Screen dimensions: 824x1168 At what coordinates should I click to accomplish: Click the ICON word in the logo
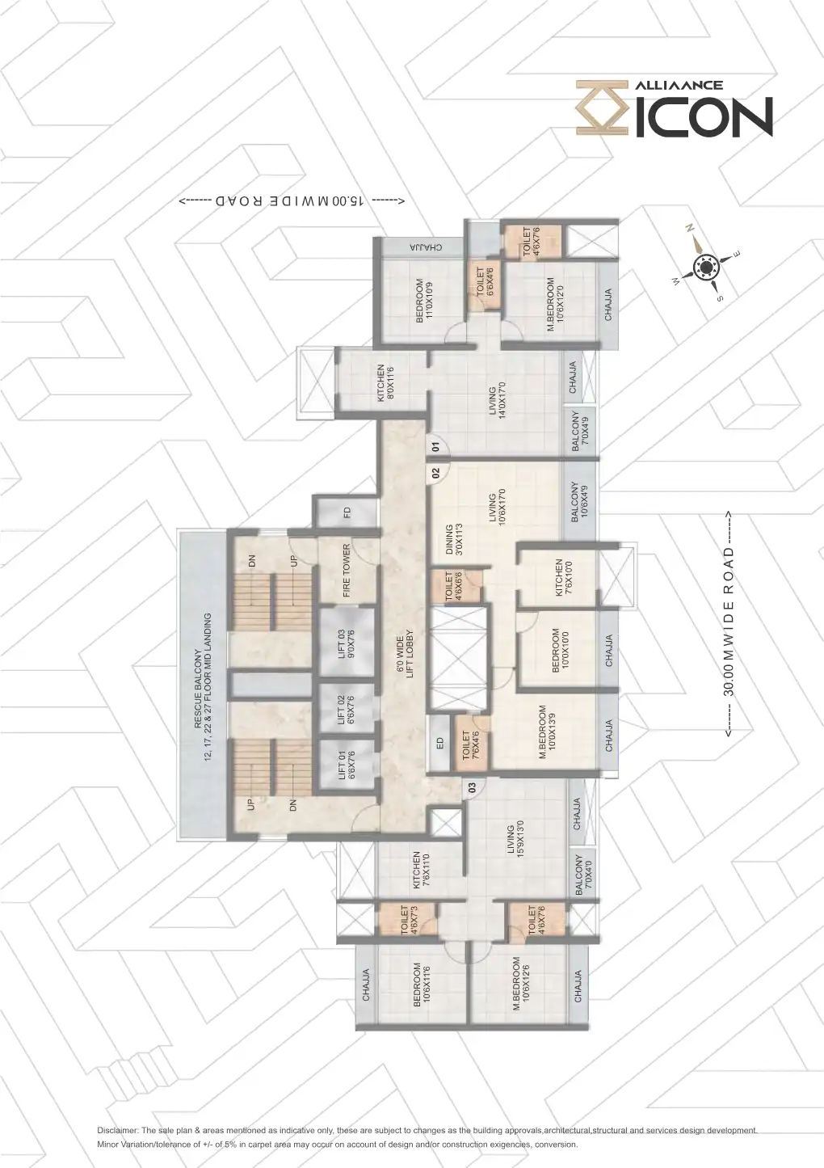pyautogui.click(x=703, y=116)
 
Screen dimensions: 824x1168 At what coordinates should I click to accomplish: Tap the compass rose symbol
pyautogui.click(x=706, y=267)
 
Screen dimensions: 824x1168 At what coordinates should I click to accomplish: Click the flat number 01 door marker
pyautogui.click(x=436, y=446)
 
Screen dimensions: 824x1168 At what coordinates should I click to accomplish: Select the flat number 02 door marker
pyautogui.click(x=436, y=473)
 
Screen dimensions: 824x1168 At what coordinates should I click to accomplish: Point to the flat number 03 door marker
pyautogui.click(x=473, y=787)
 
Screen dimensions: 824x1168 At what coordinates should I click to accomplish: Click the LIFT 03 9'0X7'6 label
pyautogui.click(x=346, y=644)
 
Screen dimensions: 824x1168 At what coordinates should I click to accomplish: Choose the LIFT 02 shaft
pyautogui.click(x=346, y=709)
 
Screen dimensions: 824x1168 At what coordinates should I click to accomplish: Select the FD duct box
pyautogui.click(x=347, y=512)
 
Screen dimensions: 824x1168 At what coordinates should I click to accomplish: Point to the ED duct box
pyautogui.click(x=439, y=742)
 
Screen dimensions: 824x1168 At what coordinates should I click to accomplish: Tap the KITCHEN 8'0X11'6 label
pyautogui.click(x=385, y=383)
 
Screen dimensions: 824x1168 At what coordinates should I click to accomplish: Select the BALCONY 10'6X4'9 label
pyautogui.click(x=579, y=501)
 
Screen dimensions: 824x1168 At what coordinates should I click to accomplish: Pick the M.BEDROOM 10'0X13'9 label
pyautogui.click(x=547, y=732)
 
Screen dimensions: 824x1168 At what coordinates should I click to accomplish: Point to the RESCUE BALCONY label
pyautogui.click(x=203, y=689)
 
